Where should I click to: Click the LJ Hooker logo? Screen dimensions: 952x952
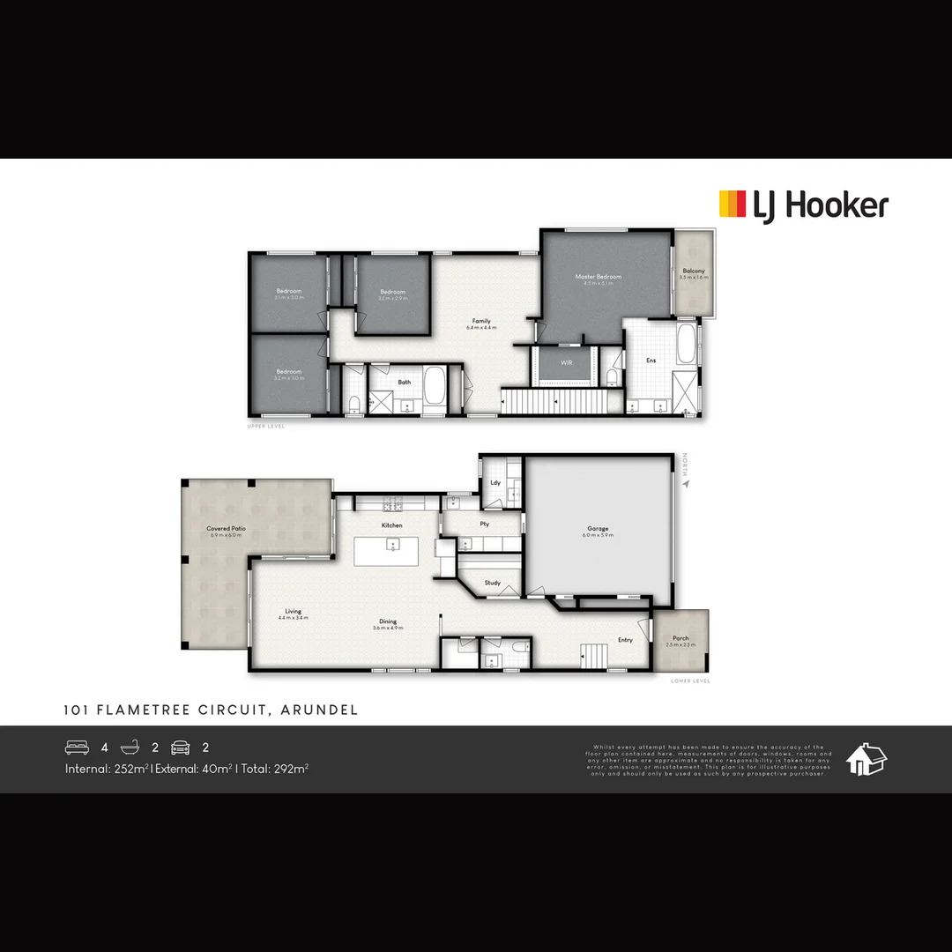coord(803,205)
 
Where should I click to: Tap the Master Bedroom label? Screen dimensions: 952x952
coord(599,277)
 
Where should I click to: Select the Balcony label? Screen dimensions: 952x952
coord(694,271)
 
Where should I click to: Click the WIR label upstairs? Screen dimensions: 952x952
coord(567,362)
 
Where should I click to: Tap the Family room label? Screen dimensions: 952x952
coord(481,321)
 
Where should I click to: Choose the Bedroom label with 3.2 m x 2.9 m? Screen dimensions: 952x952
coord(392,292)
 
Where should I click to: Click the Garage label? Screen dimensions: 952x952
coord(598,529)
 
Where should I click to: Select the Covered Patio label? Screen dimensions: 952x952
coord(227,529)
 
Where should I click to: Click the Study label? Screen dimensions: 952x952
coord(493,583)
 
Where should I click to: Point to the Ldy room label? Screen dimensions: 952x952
coord(495,482)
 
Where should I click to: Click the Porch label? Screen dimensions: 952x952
coord(681,638)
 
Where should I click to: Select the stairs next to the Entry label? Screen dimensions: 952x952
coord(593,655)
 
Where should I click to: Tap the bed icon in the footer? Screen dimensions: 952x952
coord(77,747)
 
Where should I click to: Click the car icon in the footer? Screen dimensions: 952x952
coord(180,747)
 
